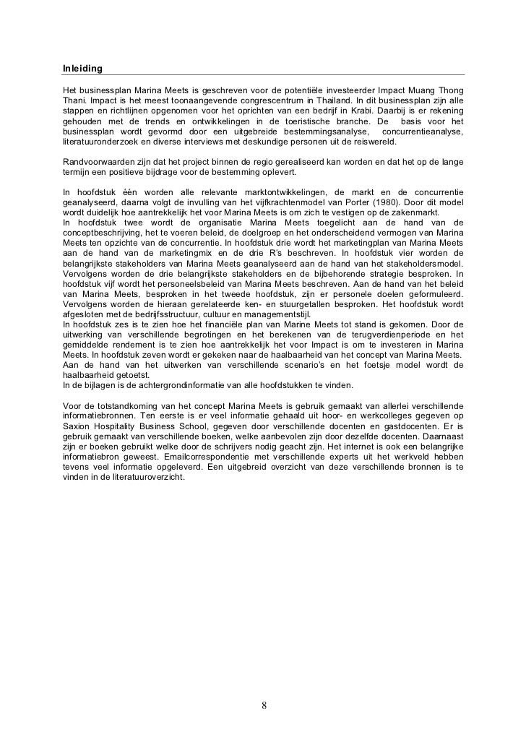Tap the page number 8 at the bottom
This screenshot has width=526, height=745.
point(264,705)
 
